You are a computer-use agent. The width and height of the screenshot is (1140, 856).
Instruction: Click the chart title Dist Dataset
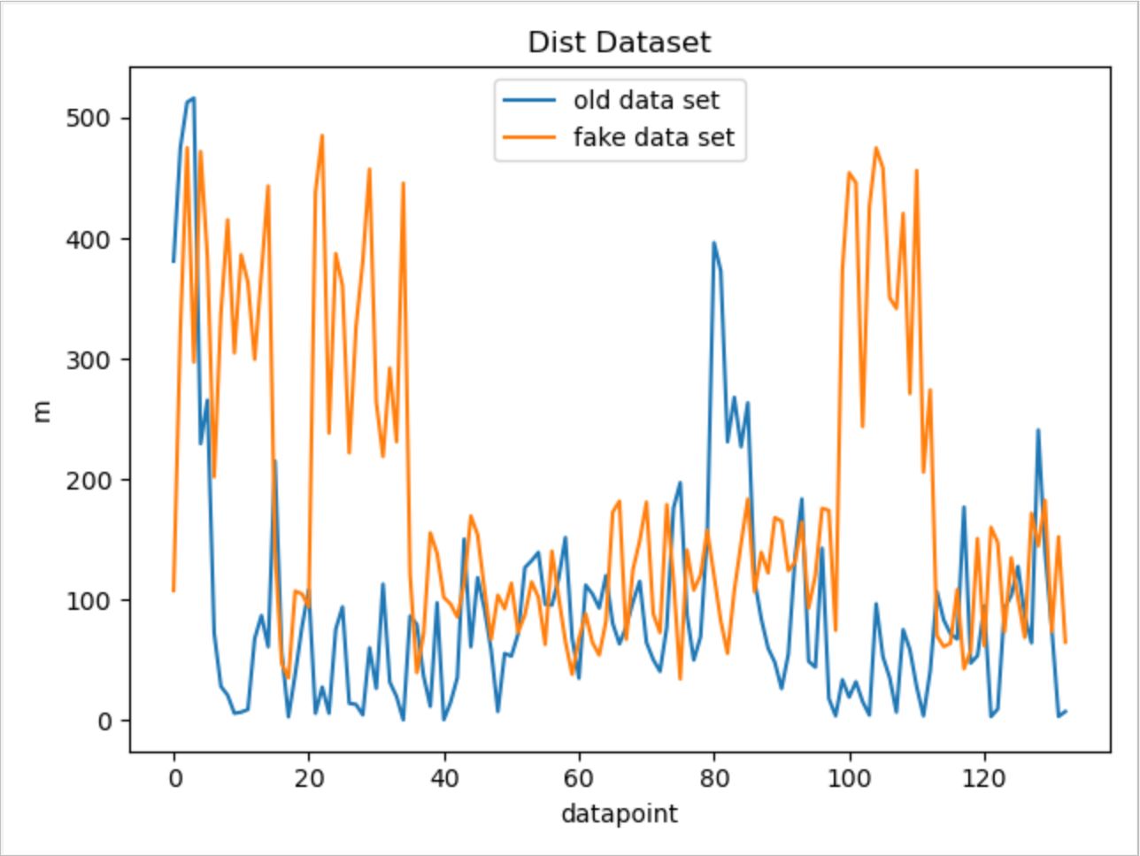point(619,42)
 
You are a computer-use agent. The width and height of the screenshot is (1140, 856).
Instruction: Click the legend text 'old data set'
point(646,99)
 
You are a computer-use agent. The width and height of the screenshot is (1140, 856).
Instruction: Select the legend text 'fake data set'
point(653,137)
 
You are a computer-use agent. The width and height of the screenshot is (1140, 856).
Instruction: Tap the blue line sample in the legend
point(529,100)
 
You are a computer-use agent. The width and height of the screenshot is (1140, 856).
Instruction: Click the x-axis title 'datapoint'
point(619,813)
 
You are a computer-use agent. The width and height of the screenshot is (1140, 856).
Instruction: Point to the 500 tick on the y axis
point(86,119)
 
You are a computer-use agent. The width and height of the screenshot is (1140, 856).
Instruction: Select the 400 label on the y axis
point(86,239)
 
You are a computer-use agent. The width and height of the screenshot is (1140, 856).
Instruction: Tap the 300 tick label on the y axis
point(86,359)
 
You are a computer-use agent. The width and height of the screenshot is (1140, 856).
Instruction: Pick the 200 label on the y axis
point(86,480)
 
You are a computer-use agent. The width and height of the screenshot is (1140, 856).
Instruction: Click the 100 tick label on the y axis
point(86,600)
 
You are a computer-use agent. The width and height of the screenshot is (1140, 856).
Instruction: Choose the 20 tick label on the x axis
point(309,779)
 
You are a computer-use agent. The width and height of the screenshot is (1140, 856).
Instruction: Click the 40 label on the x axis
point(444,779)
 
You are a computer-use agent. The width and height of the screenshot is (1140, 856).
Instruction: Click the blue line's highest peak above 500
point(194,98)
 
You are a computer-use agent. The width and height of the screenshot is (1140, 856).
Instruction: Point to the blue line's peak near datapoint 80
point(713,243)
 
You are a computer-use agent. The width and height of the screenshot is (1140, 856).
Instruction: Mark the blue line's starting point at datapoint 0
point(173,261)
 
